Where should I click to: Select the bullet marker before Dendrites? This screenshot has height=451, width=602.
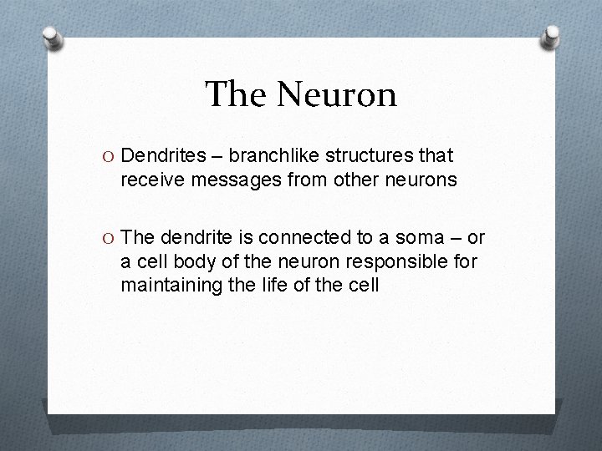pyautogui.click(x=107, y=155)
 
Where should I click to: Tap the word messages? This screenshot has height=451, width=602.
pyautogui.click(x=223, y=179)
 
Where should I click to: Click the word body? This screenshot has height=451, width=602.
pyautogui.click(x=183, y=262)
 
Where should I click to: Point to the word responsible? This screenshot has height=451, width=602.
pyautogui.click(x=402, y=262)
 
